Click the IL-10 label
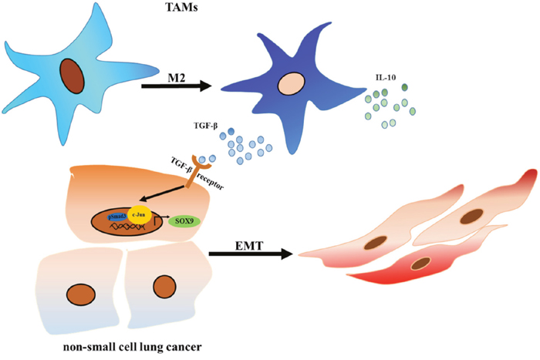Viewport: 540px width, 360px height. point(383,77)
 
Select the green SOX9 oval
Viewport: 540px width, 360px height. point(184,220)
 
